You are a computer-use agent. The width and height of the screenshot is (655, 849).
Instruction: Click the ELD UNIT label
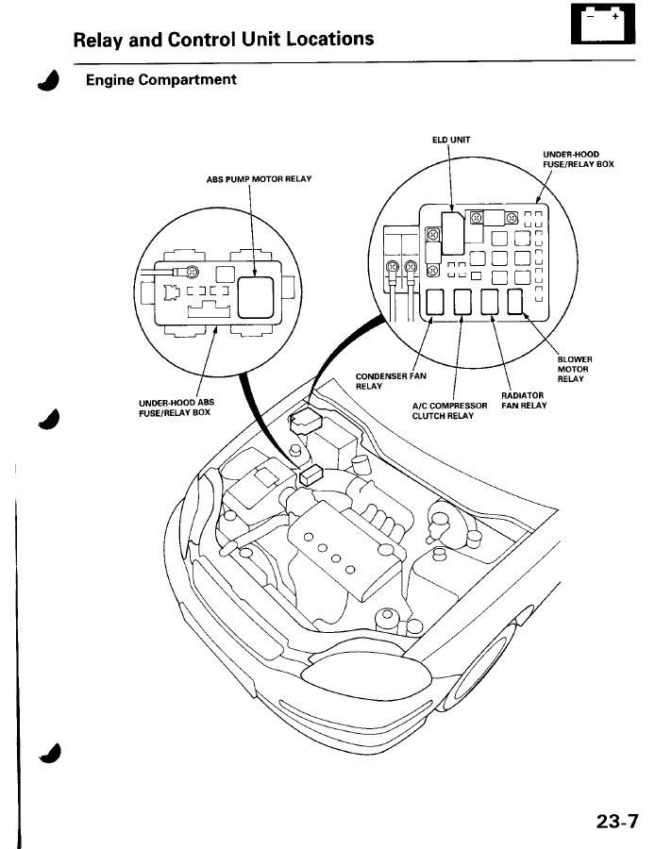[451, 140]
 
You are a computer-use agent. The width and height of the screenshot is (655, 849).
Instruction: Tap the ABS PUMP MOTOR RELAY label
[259, 178]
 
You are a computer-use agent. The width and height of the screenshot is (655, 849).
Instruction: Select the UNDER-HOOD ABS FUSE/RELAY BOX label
[176, 408]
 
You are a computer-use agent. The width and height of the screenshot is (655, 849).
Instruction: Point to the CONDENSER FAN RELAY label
[391, 381]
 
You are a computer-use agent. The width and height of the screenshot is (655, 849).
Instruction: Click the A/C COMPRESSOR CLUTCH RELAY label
[449, 410]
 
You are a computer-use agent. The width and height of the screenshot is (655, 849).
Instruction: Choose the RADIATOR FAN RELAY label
[524, 400]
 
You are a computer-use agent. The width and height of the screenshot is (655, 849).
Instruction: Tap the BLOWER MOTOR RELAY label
[575, 369]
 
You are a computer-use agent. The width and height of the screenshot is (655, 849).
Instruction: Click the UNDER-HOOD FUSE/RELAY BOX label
[579, 159]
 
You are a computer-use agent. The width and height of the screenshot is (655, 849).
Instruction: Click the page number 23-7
[617, 821]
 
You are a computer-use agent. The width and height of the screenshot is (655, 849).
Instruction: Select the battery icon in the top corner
[603, 25]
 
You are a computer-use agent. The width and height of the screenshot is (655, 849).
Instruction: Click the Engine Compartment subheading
[160, 79]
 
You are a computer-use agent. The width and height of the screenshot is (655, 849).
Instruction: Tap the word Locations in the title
[330, 39]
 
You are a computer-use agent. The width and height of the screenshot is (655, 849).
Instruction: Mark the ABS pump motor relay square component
[256, 297]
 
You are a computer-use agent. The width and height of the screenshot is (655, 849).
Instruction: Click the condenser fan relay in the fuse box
[435, 302]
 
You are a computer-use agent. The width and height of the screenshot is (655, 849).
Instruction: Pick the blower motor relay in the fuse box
[515, 301]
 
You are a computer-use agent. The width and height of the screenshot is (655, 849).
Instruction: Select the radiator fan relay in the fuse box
[490, 302]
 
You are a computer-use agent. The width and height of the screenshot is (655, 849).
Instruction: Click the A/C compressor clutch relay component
[462, 302]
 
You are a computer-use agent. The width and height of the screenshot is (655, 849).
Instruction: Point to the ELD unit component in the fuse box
[452, 233]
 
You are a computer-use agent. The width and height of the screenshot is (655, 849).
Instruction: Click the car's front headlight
[365, 675]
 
